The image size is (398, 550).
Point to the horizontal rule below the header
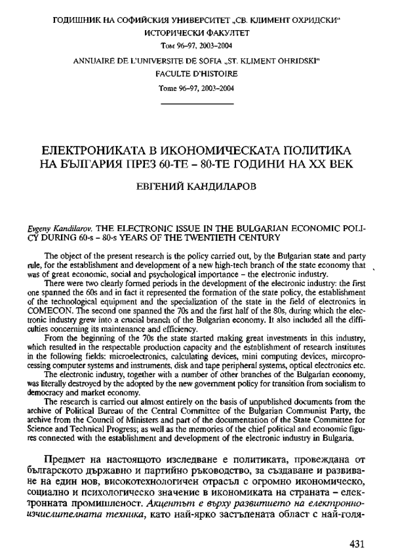(197, 103)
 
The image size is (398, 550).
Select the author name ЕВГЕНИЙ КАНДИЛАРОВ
(199, 187)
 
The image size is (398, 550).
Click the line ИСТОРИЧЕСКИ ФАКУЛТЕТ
(197, 31)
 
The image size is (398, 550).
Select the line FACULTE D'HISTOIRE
(197, 75)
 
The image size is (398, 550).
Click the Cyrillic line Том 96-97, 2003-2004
(197, 45)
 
